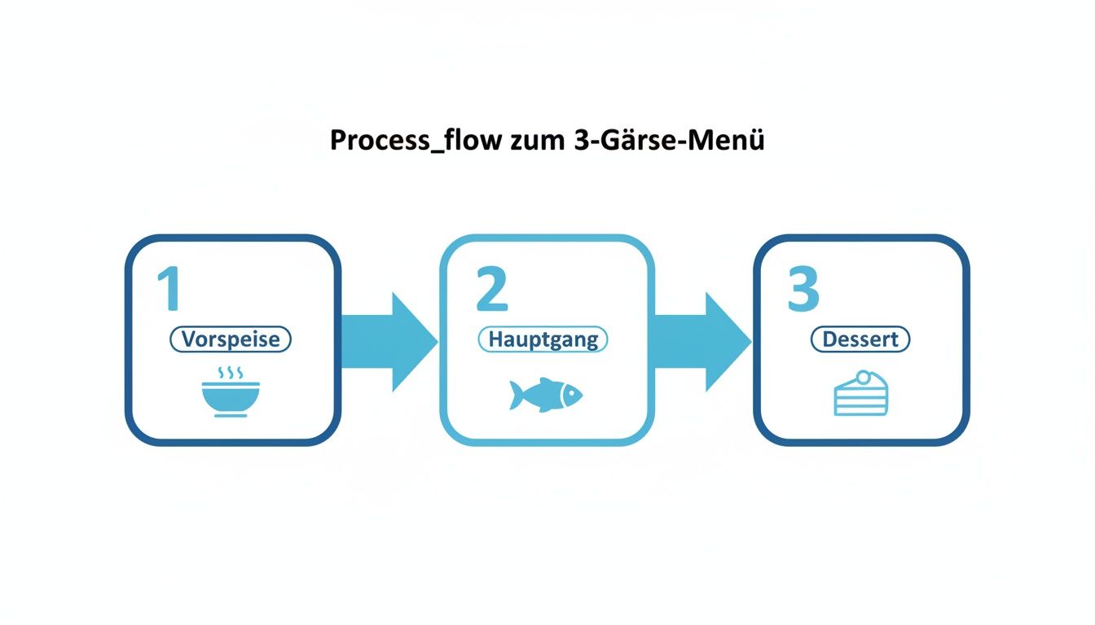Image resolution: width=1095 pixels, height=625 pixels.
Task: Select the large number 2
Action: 491,290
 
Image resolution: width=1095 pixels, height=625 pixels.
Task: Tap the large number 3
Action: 803,290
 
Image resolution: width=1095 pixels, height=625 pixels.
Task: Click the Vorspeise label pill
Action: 231,339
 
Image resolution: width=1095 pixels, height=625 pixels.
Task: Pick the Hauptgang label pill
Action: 543,339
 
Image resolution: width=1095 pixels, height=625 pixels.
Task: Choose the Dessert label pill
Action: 860,339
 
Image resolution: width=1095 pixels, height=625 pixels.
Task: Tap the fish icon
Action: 546,396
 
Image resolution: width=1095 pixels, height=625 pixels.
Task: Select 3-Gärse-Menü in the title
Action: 663,141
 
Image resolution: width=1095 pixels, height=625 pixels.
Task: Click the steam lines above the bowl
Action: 231,374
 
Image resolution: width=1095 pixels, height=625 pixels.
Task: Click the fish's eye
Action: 572,392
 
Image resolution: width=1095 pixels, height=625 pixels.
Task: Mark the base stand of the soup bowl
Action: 231,415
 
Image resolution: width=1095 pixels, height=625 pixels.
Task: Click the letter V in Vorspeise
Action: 188,339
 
